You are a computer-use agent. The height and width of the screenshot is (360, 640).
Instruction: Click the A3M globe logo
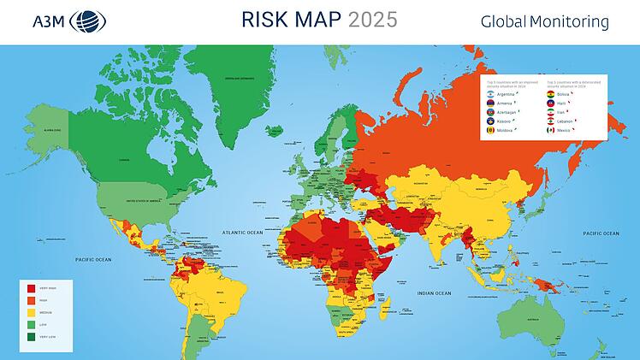pos(89,21)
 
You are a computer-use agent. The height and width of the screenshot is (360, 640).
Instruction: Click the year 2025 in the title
pos(372,20)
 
